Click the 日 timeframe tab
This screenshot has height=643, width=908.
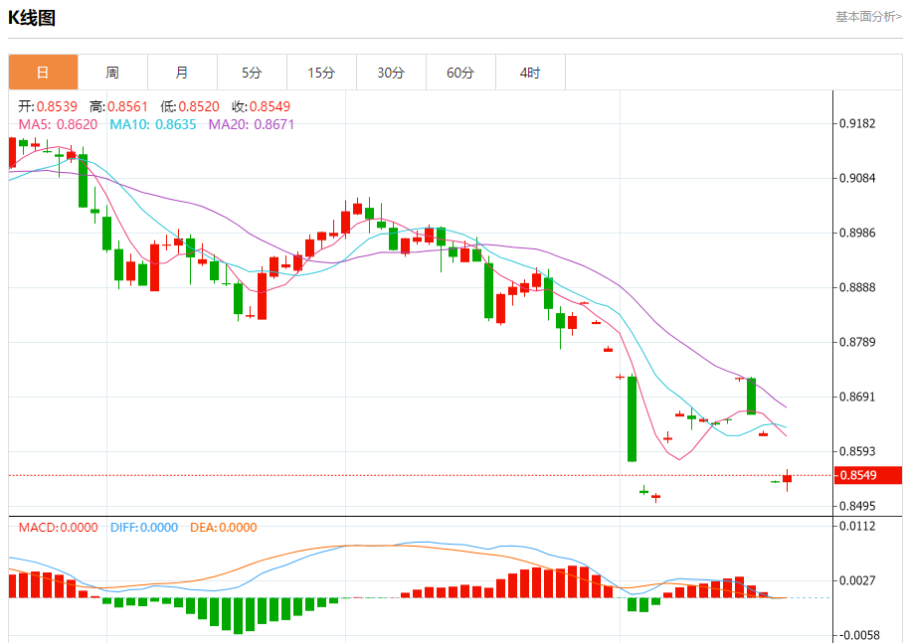point(43,73)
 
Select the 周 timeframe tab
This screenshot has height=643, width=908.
point(112,73)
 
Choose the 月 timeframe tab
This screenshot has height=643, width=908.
point(182,73)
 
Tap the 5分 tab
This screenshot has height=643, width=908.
point(252,73)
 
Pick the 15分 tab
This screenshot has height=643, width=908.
point(321,73)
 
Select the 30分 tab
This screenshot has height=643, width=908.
point(391,73)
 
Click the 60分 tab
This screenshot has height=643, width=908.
point(460,73)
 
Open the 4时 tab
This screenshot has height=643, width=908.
point(530,73)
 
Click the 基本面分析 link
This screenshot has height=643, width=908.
point(868,17)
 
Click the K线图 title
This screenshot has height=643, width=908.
point(32,18)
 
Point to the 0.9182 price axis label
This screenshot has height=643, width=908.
point(857,124)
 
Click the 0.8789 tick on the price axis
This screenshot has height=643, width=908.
point(857,343)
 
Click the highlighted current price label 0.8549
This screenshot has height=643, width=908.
point(857,476)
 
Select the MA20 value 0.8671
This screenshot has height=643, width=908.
point(273,125)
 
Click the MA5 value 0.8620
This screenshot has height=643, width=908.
point(78,125)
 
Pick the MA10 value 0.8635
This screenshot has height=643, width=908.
point(175,125)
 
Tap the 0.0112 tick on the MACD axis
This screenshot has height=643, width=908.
point(857,527)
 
